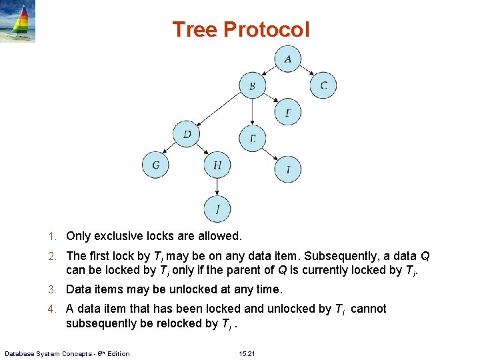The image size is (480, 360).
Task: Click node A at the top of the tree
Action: point(287,59)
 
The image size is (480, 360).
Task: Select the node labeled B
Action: point(252,85)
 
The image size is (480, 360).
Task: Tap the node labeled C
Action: point(323,85)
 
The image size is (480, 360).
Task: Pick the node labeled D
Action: point(187,135)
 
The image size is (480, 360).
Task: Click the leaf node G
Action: point(155,164)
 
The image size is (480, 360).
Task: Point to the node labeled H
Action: point(217,165)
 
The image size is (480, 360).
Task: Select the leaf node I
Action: point(288,169)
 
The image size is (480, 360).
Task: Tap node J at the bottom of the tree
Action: point(217,209)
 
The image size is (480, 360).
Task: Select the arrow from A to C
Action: point(305,71)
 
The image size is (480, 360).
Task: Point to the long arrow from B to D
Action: point(219,109)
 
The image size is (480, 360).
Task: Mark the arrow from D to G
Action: point(171,149)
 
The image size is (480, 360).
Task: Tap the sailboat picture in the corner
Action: point(18,21)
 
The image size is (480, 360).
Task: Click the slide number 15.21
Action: point(247,353)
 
